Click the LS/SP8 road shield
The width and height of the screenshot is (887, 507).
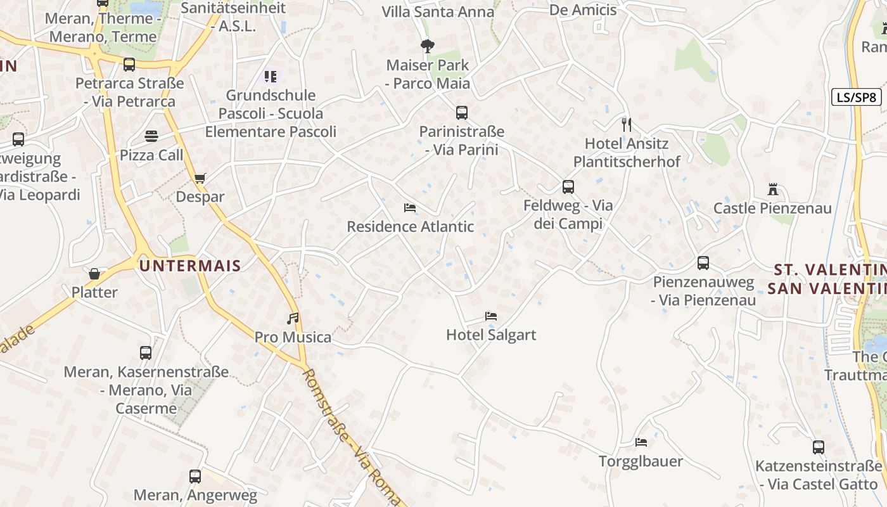857,97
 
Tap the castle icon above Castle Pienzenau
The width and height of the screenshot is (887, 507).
772,189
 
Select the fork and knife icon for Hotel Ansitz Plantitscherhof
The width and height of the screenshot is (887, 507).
627,124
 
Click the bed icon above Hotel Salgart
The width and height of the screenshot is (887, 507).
491,316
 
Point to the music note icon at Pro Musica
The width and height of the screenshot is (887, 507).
292,318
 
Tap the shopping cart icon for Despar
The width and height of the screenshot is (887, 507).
200,178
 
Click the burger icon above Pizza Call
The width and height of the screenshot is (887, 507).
151,136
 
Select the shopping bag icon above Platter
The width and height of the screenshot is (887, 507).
94,274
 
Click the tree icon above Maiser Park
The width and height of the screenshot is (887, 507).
428,46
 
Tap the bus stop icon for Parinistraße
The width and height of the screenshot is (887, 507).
462,113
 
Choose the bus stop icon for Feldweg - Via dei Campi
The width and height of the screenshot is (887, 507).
568,187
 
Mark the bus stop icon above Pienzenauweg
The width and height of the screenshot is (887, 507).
703,263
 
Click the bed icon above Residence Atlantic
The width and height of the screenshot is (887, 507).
410,208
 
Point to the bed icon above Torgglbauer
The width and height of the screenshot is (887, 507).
641,442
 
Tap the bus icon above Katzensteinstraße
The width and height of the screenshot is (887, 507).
819,447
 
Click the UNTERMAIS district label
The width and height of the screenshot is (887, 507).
190,266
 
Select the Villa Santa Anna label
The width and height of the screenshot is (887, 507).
438,11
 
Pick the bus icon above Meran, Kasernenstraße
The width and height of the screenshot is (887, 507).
146,353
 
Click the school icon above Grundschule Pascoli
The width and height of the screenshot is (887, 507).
271,77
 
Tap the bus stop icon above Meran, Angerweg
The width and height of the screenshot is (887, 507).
195,477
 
